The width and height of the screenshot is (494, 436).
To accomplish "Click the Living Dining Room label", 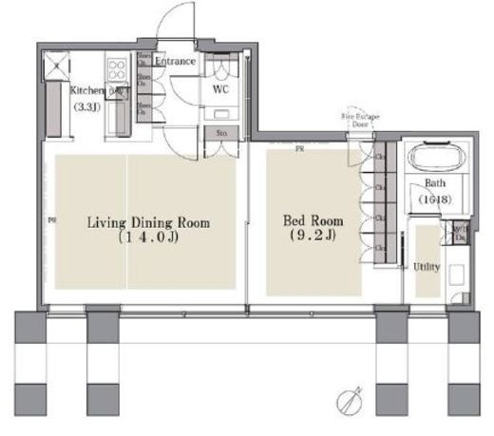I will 148,223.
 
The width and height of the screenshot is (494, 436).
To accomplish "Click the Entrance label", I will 176,62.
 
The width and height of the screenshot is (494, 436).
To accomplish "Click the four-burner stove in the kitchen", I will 119,69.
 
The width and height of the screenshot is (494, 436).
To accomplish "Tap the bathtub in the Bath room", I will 436,158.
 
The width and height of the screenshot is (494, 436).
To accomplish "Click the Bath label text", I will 436,182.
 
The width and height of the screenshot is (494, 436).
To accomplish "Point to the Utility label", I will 427,267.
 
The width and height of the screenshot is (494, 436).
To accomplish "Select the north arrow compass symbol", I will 351,401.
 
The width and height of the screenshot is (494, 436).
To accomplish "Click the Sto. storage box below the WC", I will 221,134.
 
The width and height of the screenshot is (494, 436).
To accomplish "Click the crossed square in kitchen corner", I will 58,65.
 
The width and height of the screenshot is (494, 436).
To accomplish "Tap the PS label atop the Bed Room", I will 299,149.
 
